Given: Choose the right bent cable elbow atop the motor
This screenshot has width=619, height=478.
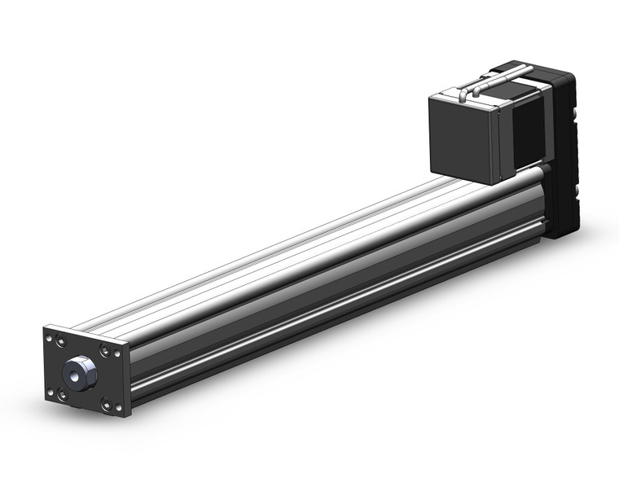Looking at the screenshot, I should [485, 81].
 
